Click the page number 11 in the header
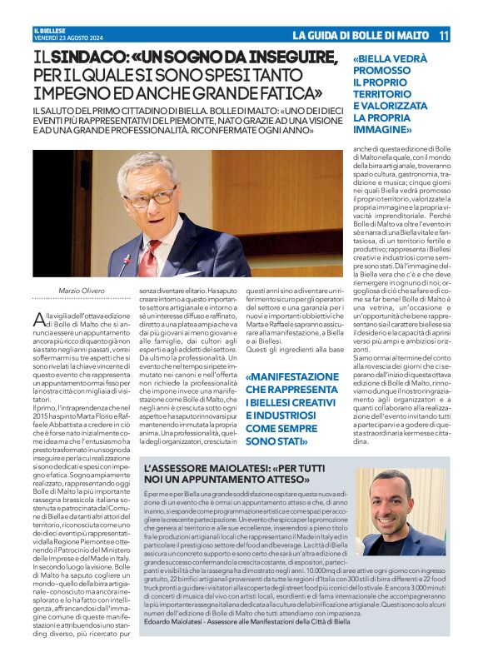444,35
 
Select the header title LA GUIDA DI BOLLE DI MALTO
360,35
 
